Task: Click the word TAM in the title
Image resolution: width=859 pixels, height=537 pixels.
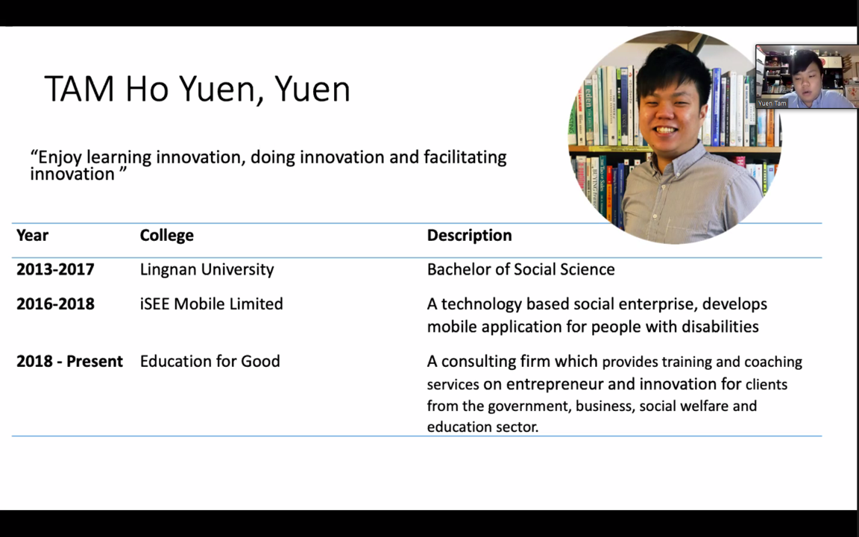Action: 80,89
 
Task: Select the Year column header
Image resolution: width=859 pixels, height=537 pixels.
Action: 32,235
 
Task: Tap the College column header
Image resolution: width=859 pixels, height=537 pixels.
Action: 166,236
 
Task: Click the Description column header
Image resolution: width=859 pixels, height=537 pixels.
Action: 470,236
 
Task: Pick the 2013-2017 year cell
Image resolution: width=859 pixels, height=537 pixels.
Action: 55,269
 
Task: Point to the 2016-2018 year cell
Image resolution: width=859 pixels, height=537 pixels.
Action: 55,304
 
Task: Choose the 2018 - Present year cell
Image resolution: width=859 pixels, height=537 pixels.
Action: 69,362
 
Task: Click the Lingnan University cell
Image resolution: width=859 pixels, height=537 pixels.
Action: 207,269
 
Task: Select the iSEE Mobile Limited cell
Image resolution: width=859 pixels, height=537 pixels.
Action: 212,304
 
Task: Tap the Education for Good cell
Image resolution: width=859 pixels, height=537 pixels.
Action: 210,362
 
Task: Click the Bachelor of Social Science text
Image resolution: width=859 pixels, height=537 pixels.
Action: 521,269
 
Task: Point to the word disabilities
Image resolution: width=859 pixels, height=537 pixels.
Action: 720,327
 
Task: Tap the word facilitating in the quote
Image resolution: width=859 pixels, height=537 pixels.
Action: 465,158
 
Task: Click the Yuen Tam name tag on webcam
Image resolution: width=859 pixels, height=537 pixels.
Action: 772,103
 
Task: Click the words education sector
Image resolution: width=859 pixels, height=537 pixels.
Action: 482,427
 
